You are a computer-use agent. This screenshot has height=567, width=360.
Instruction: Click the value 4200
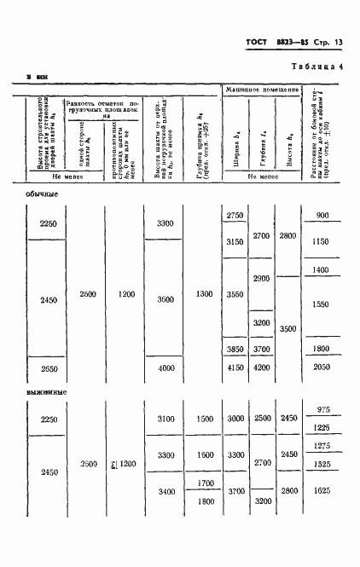click(262, 367)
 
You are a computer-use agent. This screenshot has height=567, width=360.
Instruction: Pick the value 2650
click(49, 367)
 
